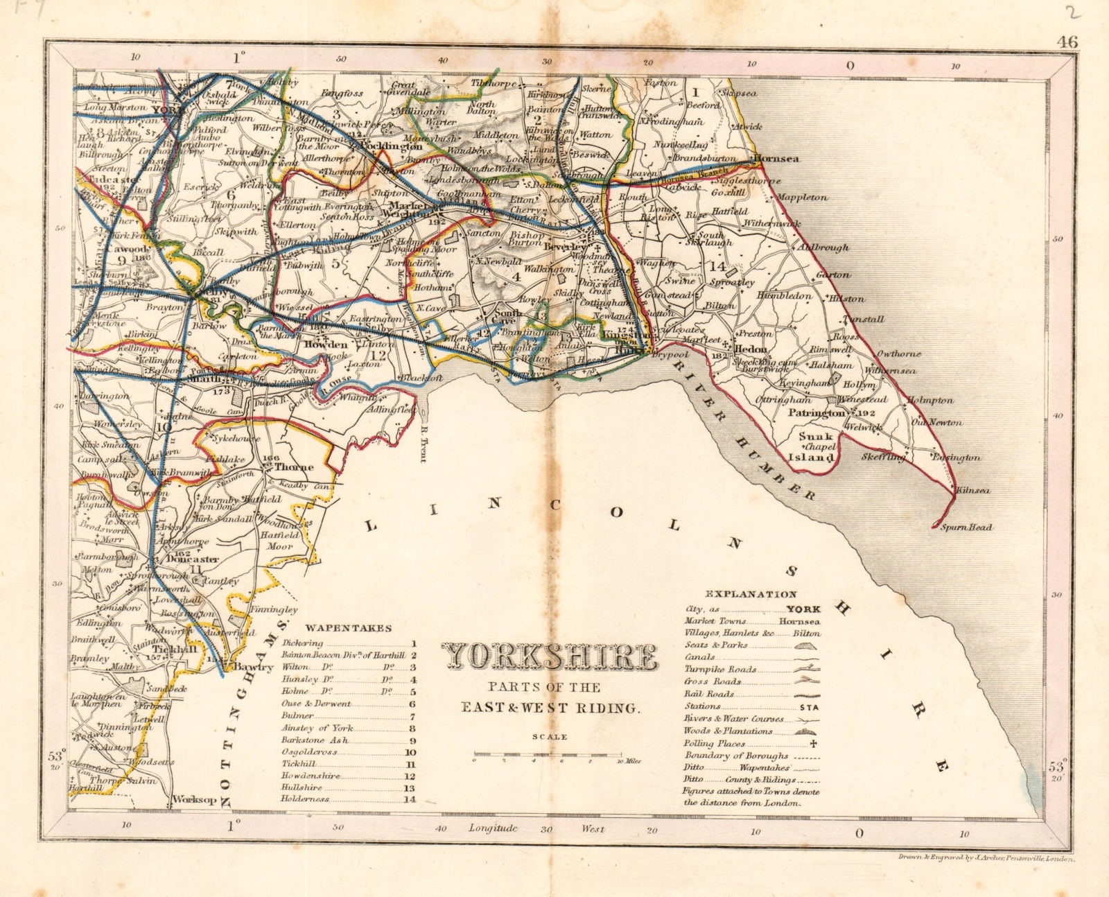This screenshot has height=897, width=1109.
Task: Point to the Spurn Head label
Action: [966, 528]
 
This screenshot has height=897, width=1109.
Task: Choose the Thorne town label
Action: [294, 467]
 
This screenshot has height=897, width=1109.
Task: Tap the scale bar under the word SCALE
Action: [548, 754]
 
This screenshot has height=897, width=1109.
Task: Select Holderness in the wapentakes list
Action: [308, 799]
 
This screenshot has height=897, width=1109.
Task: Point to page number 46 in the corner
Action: [1067, 42]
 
